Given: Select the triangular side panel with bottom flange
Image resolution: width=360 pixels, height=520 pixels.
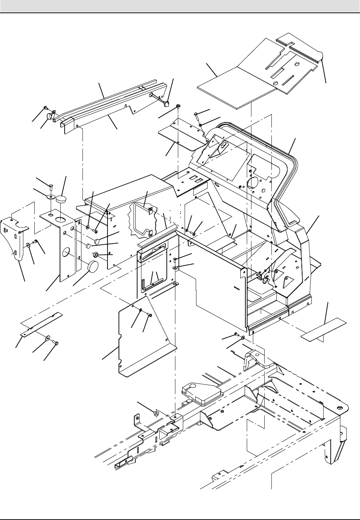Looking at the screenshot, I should pos(145,343).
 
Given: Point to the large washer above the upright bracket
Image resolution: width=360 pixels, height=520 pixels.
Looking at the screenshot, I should pos(51,197).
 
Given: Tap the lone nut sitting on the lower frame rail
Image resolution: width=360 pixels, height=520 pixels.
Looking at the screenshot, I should pos(156,414).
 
